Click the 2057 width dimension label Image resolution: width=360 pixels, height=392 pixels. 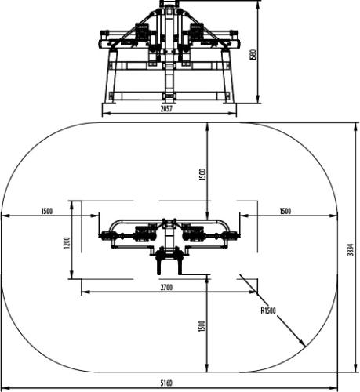(x=166, y=109)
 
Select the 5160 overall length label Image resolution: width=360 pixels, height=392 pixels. (x=166, y=383)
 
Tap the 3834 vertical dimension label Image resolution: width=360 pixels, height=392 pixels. (x=351, y=249)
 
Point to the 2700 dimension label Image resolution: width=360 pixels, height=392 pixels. (x=166, y=287)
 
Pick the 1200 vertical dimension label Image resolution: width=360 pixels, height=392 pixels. (x=67, y=243)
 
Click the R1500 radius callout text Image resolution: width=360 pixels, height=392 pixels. (x=268, y=310)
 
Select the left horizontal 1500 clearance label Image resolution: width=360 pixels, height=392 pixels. (x=47, y=211)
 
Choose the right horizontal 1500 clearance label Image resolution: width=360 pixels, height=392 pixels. (x=285, y=211)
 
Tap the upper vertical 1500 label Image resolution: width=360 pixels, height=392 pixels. (x=202, y=175)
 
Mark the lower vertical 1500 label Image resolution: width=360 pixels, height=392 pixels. (x=202, y=326)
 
